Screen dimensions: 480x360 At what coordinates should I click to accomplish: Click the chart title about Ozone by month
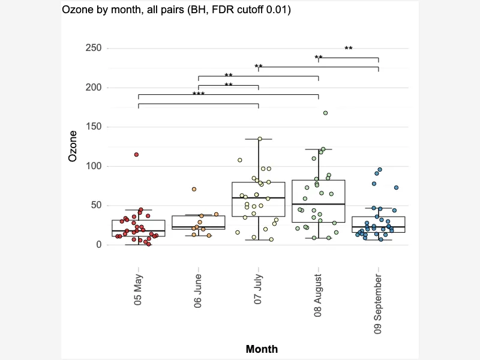click(176, 10)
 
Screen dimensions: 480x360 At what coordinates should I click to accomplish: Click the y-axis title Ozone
click(73, 146)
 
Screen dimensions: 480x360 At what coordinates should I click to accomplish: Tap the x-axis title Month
click(262, 349)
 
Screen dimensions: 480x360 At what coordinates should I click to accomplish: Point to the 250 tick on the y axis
click(94, 48)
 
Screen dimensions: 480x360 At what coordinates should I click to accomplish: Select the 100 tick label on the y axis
click(94, 166)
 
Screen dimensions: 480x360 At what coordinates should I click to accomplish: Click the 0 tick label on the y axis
click(98, 245)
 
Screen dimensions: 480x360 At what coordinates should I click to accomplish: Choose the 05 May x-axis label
click(138, 290)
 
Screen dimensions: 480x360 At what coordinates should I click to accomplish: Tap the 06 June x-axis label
click(198, 291)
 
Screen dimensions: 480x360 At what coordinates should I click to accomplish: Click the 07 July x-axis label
click(258, 289)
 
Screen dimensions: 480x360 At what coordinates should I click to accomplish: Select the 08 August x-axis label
click(318, 295)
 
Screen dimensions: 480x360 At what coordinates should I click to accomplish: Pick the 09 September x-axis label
click(378, 304)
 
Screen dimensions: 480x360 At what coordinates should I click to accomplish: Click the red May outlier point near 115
click(137, 155)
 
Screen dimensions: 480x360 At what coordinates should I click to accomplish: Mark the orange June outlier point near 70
click(194, 189)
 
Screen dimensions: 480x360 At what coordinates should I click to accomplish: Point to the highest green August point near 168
click(325, 113)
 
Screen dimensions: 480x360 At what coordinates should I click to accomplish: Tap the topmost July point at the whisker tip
click(260, 139)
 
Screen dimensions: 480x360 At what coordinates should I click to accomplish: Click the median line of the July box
click(259, 198)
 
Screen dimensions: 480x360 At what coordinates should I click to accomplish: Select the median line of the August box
click(319, 204)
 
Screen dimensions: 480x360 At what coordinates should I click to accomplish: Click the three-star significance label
click(199, 94)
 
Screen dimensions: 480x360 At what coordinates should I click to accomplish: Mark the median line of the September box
click(379, 227)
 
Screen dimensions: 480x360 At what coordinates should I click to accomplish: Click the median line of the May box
click(139, 231)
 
